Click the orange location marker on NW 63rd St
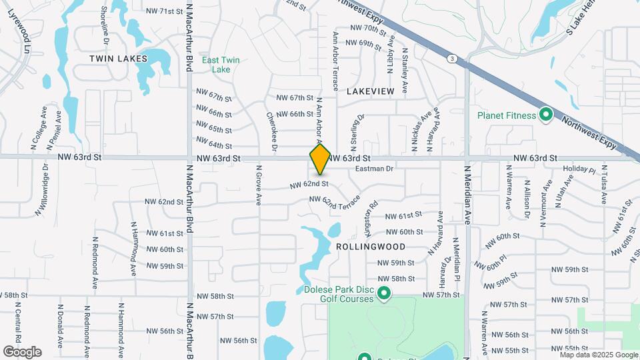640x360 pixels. [320, 159]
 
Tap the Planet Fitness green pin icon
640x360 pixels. [546, 115]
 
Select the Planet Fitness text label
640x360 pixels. [507, 115]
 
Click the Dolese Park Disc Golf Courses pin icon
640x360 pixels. [384, 293]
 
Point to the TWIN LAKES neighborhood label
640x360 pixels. [119, 59]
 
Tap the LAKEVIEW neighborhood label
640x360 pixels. [370, 90]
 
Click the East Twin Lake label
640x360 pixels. [221, 64]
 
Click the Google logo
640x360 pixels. [22, 351]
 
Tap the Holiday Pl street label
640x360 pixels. [579, 170]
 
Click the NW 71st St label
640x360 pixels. [164, 11]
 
